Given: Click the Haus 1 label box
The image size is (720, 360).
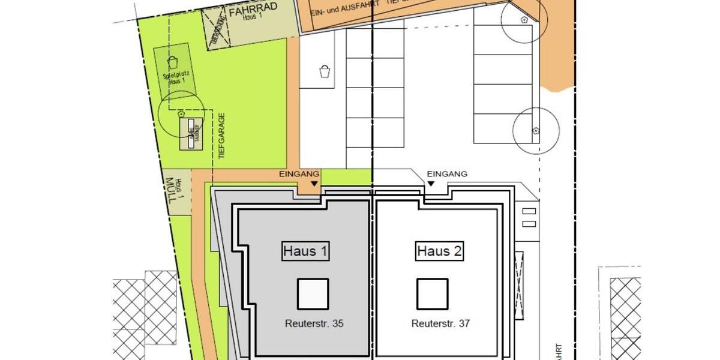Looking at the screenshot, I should [306, 251].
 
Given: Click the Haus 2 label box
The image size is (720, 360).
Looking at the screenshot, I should [440, 251].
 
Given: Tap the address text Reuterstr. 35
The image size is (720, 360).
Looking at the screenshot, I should [314, 323].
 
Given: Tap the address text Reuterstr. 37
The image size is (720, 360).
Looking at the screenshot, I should [440, 323].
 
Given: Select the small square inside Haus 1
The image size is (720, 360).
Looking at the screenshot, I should [313, 294].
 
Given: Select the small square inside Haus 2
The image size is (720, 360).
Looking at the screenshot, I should [433, 294].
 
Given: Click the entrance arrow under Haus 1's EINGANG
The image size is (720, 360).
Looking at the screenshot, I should [314, 185].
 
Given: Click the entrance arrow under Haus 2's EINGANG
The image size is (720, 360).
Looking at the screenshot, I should [430, 185].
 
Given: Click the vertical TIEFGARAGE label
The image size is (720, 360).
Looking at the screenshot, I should [221, 135].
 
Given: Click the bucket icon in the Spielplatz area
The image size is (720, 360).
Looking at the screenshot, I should [172, 62].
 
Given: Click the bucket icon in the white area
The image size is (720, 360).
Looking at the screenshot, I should [325, 71].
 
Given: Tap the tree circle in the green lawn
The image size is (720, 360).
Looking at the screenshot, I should [181, 112].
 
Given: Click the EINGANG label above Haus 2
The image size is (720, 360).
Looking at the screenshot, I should [447, 174].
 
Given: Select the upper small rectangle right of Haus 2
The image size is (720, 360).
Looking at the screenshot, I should [529, 211].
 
